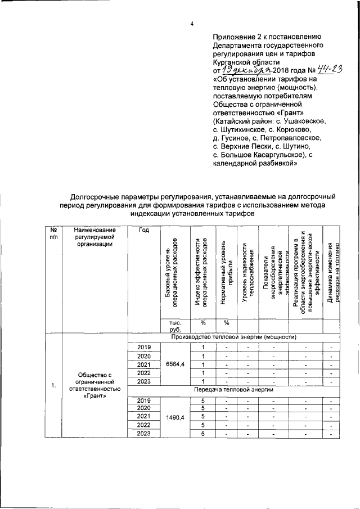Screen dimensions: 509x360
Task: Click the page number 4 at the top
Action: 192,24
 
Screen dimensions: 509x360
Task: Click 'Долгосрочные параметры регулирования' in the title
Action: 140,197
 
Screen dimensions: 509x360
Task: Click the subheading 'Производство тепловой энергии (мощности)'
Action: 234,337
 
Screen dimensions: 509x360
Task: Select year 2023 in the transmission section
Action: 145,433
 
